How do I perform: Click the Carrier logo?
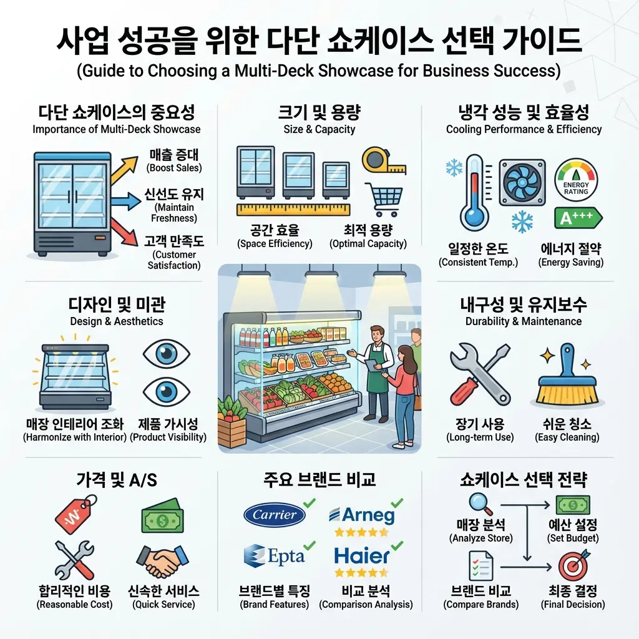[x=275, y=515]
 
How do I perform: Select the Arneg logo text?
[x=362, y=515]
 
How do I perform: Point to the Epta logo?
[x=275, y=556]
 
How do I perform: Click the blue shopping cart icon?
[x=384, y=200]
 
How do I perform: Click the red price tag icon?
[x=76, y=515]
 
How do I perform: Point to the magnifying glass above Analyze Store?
[x=480, y=504]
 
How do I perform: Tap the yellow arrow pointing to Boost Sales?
[x=124, y=170]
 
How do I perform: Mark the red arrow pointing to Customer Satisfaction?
[x=124, y=232]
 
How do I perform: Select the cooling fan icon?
[x=522, y=182]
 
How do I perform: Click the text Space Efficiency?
[x=275, y=244]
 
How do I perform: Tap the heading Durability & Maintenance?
[x=524, y=321]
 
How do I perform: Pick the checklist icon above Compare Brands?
[x=481, y=565]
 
